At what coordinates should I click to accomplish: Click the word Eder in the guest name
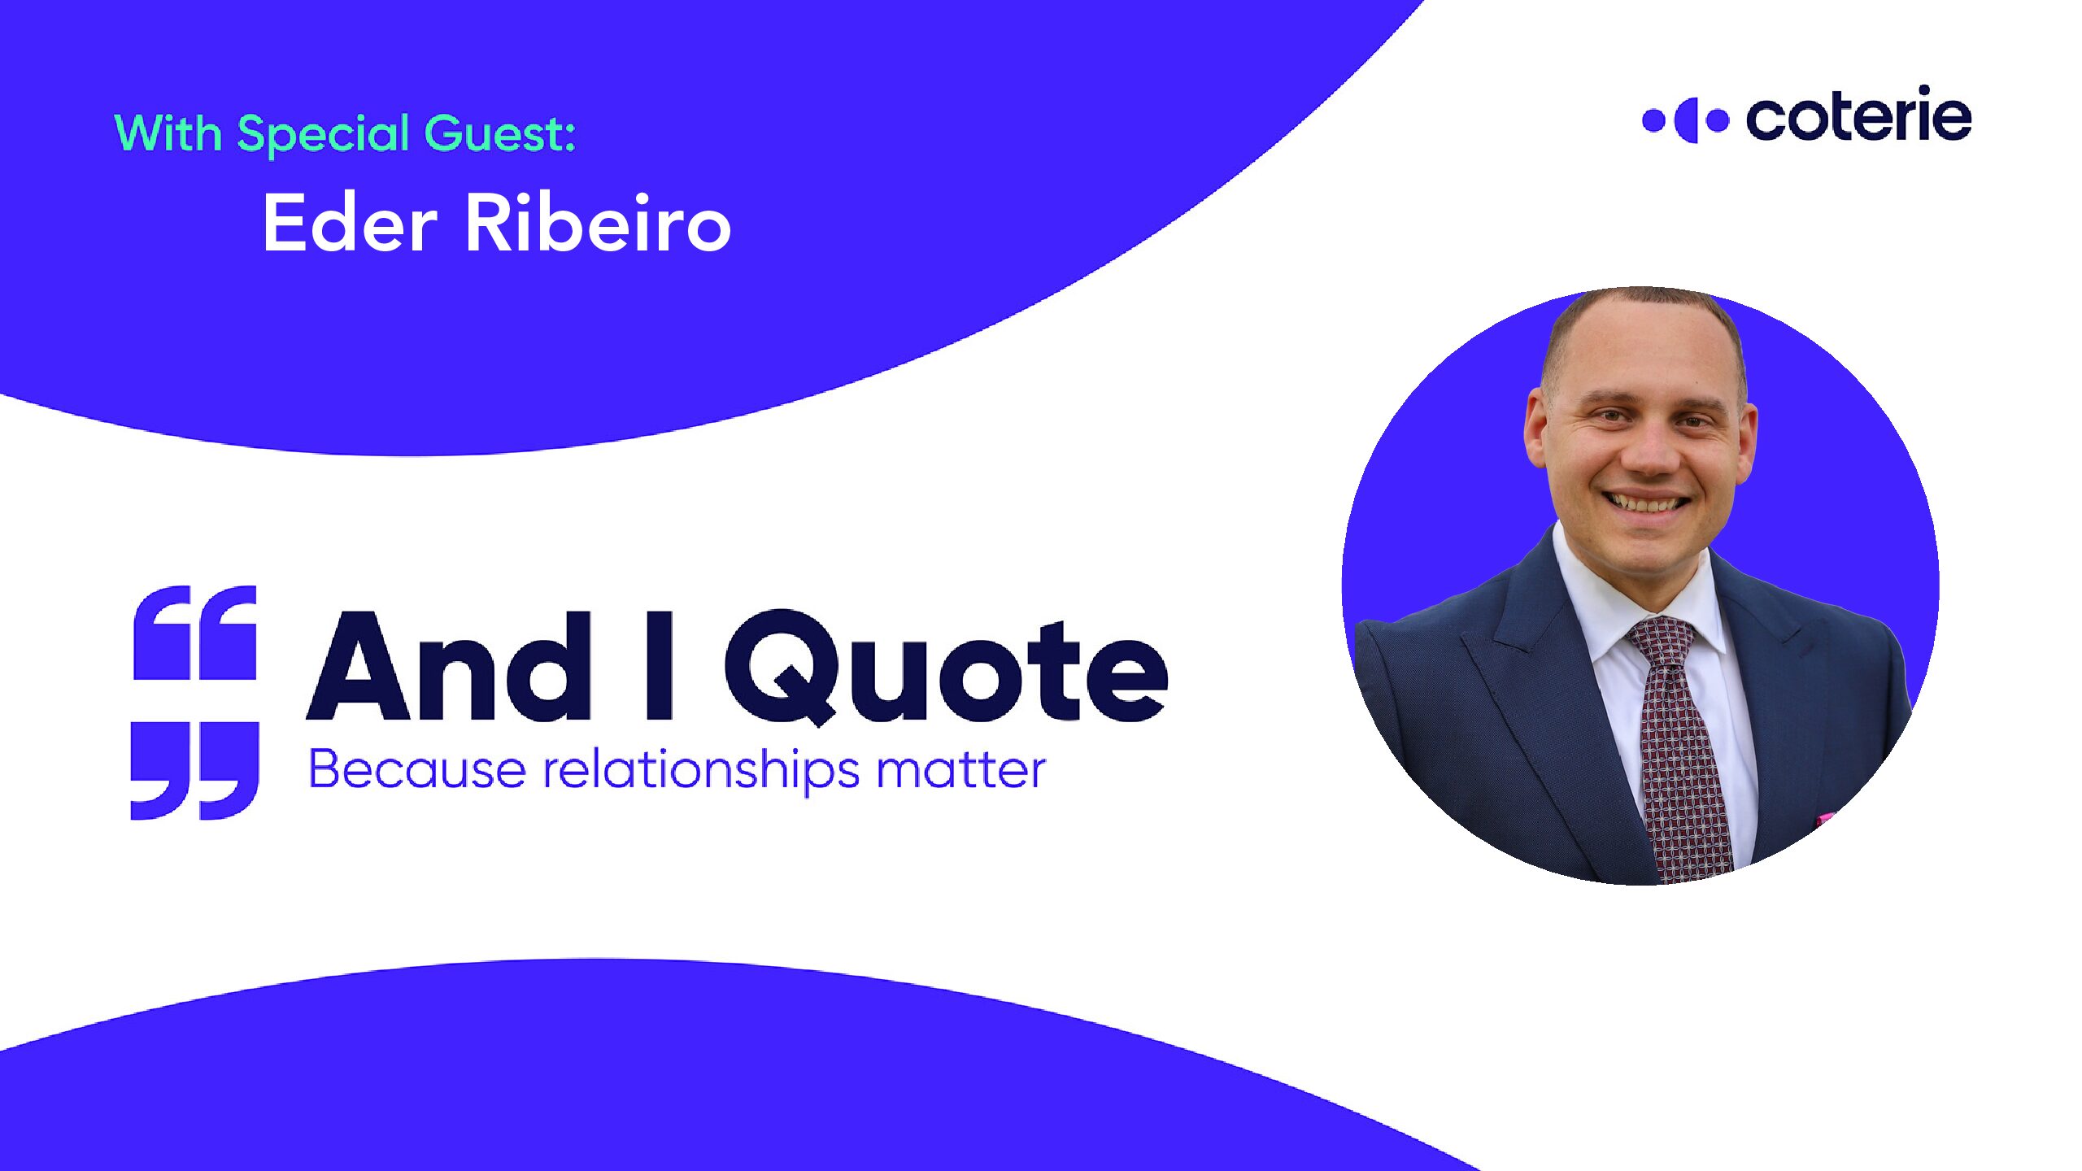pyautogui.click(x=351, y=224)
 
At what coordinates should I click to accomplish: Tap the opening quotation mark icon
pyautogui.click(x=195, y=633)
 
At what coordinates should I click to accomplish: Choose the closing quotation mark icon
pyautogui.click(x=195, y=770)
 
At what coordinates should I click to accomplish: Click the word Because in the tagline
pyautogui.click(x=417, y=768)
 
